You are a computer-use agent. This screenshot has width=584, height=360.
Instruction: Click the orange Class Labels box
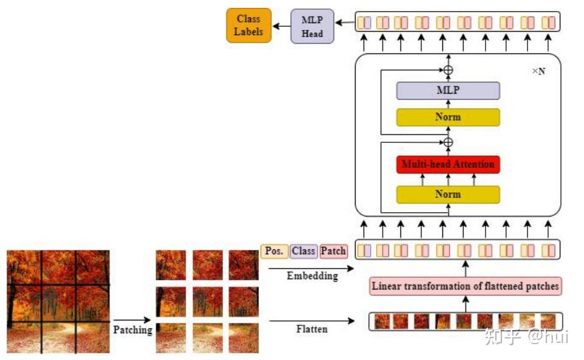(249, 25)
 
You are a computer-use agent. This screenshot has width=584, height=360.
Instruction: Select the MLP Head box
(312, 26)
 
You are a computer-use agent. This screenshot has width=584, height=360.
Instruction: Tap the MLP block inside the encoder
(448, 91)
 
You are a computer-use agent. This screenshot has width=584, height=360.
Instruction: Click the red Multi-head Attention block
(448, 164)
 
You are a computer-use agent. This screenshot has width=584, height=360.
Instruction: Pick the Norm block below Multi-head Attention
(448, 195)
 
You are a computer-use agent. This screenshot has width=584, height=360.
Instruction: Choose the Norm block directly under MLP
(448, 117)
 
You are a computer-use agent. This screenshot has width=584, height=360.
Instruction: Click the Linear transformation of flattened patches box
(465, 286)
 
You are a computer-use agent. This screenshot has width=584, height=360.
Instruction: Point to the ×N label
(538, 71)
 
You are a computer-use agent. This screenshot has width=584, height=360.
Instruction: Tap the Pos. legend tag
(274, 251)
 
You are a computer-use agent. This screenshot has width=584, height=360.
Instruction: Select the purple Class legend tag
(303, 251)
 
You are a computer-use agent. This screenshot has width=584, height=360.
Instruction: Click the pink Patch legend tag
(333, 251)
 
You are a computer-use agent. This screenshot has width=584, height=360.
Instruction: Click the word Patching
(132, 329)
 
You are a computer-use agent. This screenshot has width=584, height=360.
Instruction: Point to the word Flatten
(312, 329)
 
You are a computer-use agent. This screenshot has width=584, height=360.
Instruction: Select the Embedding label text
(312, 275)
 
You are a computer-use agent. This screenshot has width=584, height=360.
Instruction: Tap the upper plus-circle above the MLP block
(448, 70)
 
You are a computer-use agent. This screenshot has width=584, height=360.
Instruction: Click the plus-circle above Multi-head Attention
(448, 142)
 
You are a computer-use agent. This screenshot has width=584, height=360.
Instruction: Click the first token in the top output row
(364, 23)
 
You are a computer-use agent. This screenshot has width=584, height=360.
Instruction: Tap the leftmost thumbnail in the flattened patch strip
(382, 321)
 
